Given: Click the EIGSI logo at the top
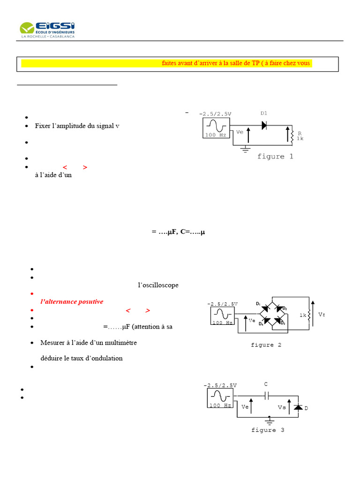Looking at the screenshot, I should click(47, 30).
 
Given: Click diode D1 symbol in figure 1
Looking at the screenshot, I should click(264, 125).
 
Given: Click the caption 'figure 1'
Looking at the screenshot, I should click(275, 157).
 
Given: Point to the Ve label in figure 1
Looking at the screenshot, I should click(240, 132).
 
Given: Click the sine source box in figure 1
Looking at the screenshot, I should click(216, 127).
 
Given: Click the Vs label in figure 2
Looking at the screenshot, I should click(321, 315).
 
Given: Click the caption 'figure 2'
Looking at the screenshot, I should click(266, 345).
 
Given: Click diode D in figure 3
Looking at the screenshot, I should click(298, 407).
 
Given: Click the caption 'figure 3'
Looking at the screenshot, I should click(268, 430).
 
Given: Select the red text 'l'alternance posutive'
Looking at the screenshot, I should click(72, 301).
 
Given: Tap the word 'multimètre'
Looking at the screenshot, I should click(120, 343).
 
